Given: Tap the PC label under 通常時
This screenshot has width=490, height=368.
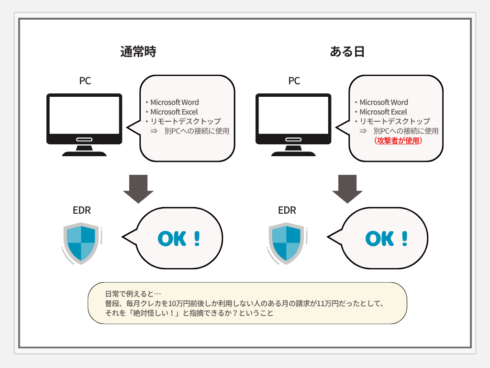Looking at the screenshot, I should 85,81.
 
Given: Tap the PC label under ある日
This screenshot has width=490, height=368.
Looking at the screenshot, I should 294,81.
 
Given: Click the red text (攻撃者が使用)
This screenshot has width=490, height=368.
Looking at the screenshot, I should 398,141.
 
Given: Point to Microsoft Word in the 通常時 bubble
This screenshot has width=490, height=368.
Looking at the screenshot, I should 175,102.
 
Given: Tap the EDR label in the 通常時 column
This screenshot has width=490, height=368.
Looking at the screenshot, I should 82,210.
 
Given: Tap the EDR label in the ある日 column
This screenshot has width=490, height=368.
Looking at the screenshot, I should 287,210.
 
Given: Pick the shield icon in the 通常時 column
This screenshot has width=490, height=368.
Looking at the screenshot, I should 81,242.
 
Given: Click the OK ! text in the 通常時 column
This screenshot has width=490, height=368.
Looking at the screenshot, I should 178,239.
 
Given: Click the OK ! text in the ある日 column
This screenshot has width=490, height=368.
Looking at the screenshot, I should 387,239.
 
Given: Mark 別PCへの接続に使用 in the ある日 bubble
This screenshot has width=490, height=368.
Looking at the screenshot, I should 406,131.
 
